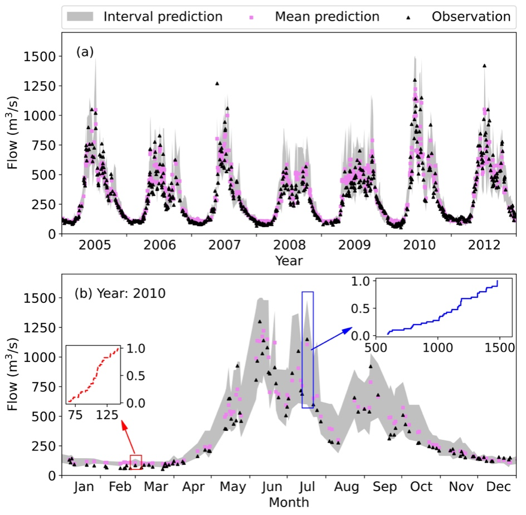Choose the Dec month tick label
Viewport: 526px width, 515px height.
click(x=499, y=488)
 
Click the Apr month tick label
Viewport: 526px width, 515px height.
click(x=194, y=488)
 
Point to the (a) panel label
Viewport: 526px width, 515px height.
click(x=85, y=52)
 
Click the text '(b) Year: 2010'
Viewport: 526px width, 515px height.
click(x=120, y=293)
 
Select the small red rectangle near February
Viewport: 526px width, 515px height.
click(x=136, y=462)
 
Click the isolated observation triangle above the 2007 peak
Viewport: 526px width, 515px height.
click(x=217, y=84)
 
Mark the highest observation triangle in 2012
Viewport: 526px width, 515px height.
click(x=484, y=66)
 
